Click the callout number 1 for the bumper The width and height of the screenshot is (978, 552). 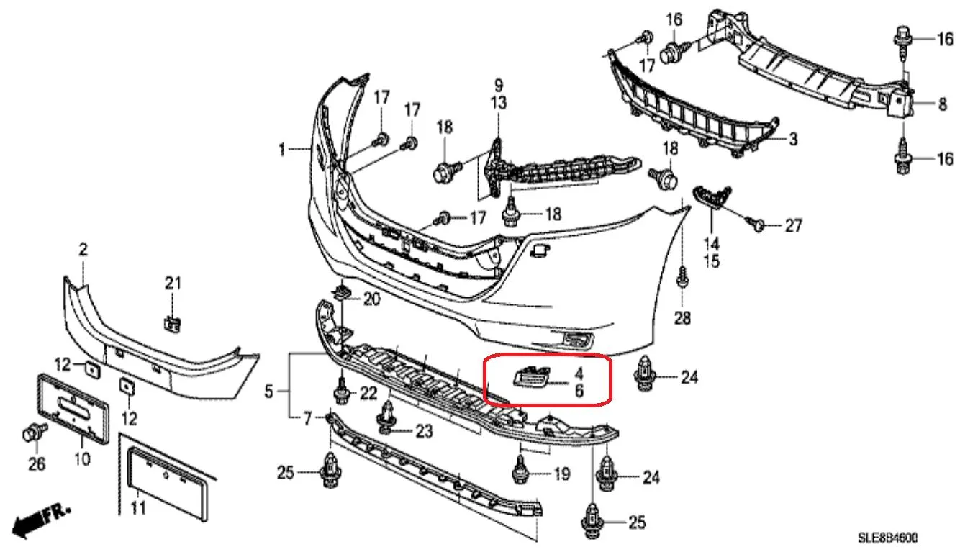[x=282, y=150]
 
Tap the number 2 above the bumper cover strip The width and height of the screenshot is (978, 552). [x=83, y=249]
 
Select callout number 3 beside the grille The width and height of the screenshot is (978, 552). [x=793, y=140]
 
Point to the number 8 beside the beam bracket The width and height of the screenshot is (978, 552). [x=943, y=104]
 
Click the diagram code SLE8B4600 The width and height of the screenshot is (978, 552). [x=887, y=538]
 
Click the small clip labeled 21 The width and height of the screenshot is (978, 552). [x=173, y=324]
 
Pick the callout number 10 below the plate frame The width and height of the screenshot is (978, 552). [x=82, y=458]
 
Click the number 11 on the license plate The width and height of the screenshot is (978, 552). [x=138, y=508]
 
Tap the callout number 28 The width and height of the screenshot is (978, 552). [x=682, y=318]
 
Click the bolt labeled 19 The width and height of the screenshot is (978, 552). [x=520, y=470]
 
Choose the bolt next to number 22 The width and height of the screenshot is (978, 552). [x=342, y=391]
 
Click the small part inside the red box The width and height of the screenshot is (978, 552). [x=531, y=376]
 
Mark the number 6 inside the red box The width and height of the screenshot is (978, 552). [x=579, y=390]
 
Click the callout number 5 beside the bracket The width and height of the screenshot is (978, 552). [x=268, y=392]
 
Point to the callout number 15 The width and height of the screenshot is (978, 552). [x=712, y=261]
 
